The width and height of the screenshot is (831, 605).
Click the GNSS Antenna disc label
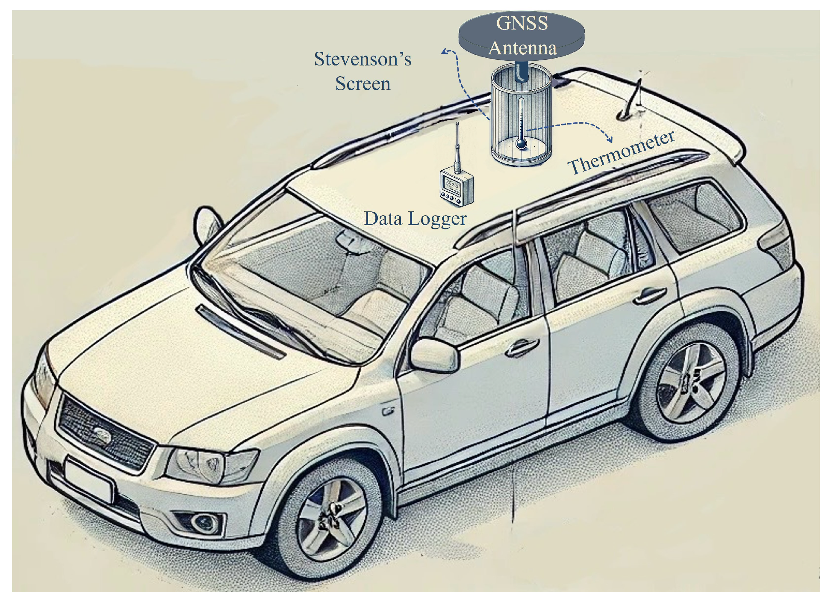pyautogui.click(x=522, y=36)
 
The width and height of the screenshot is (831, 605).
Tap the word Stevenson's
pyautogui.click(x=362, y=59)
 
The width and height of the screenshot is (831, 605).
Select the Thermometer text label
pyautogui.click(x=621, y=152)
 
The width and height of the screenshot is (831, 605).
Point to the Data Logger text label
pyautogui.click(x=415, y=219)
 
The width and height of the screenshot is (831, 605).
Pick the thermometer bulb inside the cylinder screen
pyautogui.click(x=521, y=143)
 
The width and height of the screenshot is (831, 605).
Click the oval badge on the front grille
pyautogui.click(x=101, y=435)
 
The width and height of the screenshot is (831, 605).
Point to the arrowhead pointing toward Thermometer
pyautogui.click(x=610, y=139)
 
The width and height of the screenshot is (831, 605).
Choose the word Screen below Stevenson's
pyautogui.click(x=362, y=83)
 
